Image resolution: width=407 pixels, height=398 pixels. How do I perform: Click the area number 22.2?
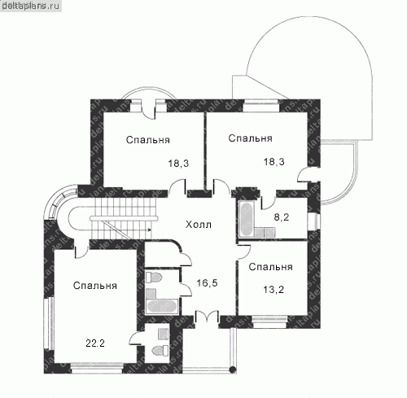[x=95, y=343]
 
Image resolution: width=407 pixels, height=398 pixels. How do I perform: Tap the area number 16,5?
[x=207, y=283]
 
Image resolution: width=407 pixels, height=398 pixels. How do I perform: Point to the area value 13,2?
[x=274, y=290]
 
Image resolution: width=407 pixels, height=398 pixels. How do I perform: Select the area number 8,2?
[x=282, y=217]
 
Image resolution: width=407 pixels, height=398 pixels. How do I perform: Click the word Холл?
[x=199, y=225]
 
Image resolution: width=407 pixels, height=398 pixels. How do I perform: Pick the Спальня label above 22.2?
[x=95, y=286]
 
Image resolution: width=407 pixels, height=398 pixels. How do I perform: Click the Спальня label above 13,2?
[x=270, y=267]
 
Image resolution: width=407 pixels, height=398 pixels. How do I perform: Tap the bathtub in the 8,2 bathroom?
[x=247, y=219]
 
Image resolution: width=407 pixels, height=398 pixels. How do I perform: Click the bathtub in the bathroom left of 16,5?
[x=162, y=306]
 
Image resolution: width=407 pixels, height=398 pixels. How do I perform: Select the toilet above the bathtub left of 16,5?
[x=154, y=278]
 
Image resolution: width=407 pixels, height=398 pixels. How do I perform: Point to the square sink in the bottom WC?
[x=163, y=334]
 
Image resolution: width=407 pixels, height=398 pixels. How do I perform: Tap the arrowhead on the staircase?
[x=150, y=230]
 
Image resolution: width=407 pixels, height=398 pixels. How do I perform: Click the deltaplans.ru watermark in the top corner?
[x=30, y=6]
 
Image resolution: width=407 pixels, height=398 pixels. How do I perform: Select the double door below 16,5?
[x=207, y=317]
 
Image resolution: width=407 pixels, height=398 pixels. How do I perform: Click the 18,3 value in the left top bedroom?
[x=178, y=164]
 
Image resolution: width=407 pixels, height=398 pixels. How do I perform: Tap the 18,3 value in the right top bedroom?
[x=274, y=162]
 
